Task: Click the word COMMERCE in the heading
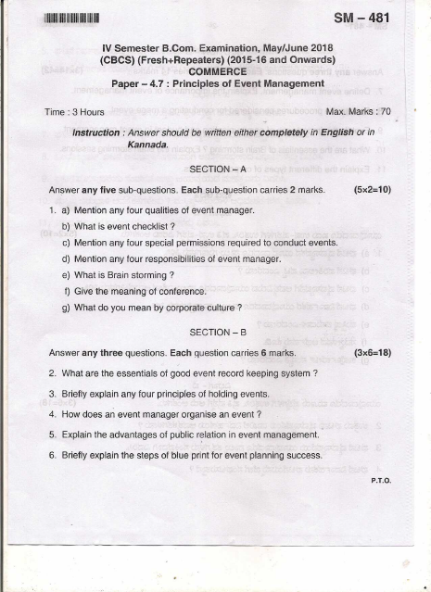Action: (217, 70)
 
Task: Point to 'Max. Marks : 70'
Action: (359, 112)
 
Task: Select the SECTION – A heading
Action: (217, 170)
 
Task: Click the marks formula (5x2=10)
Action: (373, 189)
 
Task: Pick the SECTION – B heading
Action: (217, 332)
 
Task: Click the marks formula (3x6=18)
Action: (373, 353)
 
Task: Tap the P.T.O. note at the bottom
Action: (381, 481)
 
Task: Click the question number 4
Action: (52, 414)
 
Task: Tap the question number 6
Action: (52, 455)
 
